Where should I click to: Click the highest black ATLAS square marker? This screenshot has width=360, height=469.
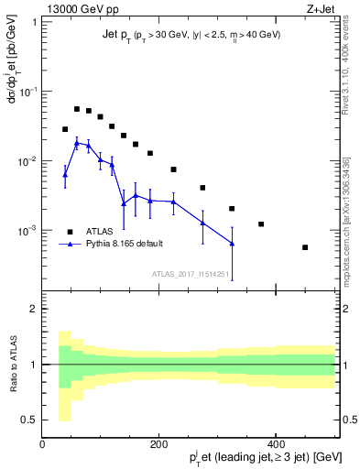[77, 109]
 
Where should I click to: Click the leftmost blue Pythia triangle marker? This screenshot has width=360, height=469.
[65, 175]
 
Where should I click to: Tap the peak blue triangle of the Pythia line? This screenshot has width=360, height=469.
[77, 143]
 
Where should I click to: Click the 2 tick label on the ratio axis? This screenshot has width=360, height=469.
[34, 309]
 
